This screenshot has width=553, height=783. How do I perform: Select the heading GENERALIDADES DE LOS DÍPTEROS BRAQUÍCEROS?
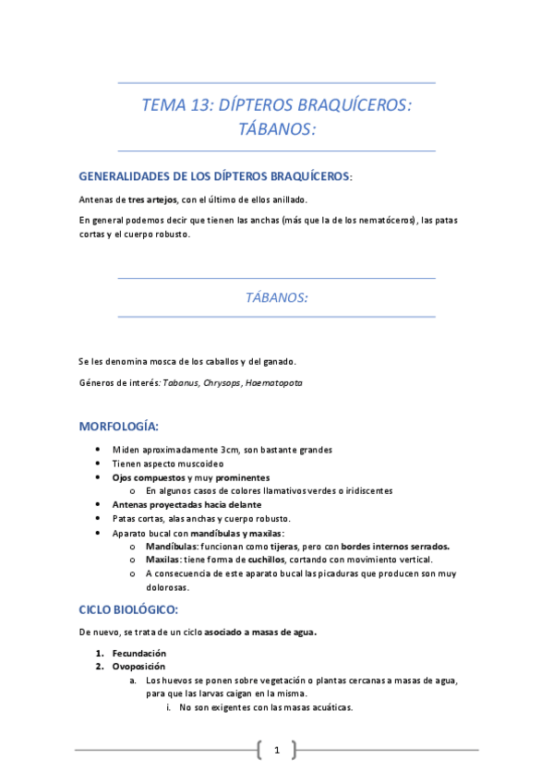click(x=215, y=175)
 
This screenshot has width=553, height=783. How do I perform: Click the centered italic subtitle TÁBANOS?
click(x=277, y=297)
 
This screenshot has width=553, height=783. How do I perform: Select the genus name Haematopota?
click(x=273, y=382)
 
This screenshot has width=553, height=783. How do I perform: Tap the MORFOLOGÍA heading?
click(x=119, y=426)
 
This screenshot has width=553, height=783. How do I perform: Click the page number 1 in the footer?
click(x=277, y=750)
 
